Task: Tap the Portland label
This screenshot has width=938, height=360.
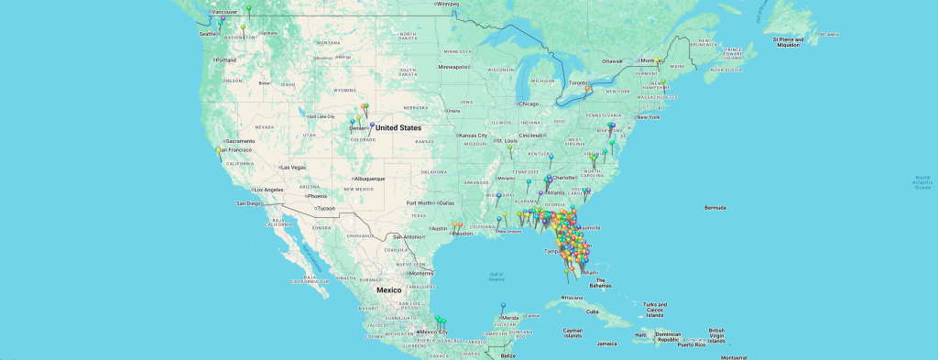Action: coord(225,60)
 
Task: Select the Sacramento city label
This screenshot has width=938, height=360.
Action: coord(237,140)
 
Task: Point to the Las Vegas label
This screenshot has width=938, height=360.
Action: coord(294,168)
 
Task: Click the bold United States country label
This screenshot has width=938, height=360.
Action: coord(398,127)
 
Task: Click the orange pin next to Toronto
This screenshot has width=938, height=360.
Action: coord(587,89)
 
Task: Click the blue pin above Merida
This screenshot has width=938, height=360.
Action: coord(502,305)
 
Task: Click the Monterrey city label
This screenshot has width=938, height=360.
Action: coord(422,273)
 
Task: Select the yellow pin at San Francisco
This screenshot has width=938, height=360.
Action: coord(217,149)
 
